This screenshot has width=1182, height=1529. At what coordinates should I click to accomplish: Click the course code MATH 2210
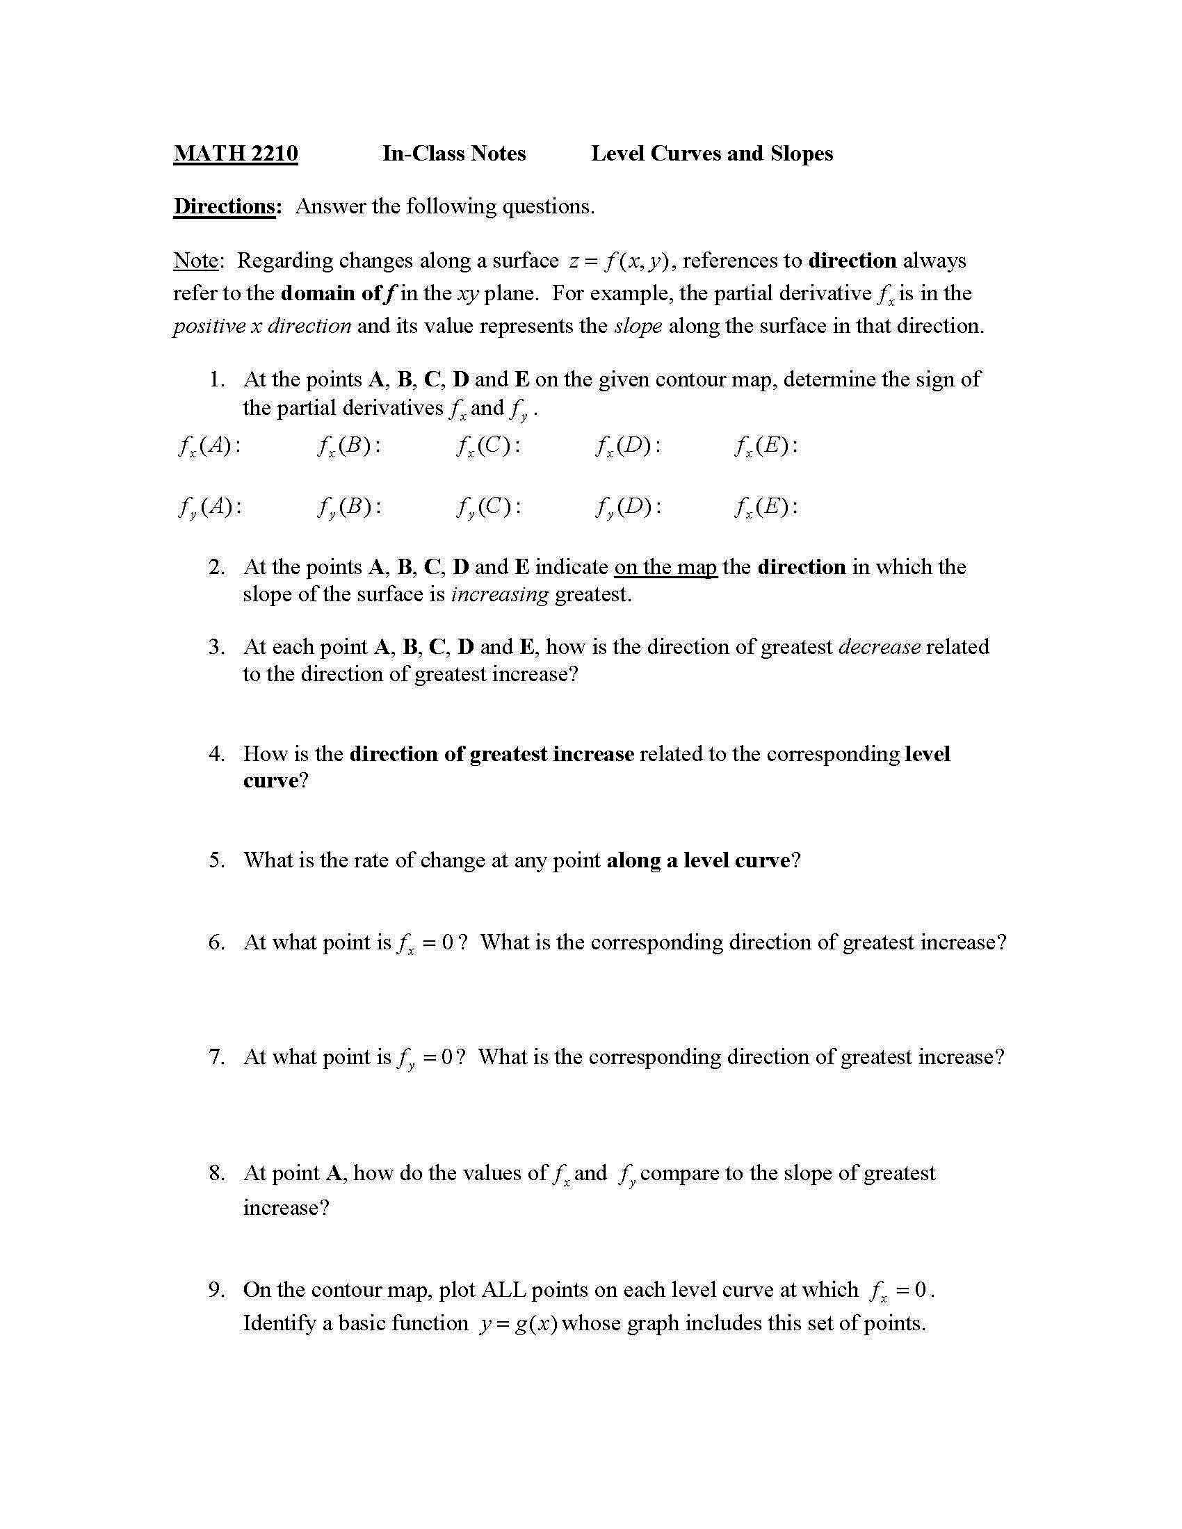pos(235,154)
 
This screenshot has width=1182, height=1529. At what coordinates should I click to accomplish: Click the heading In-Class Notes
pos(454,154)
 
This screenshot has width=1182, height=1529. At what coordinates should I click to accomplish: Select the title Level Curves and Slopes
pos(711,154)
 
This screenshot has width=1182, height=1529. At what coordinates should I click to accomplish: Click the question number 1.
pos(216,379)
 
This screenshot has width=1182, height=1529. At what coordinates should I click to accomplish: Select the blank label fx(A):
pos(209,446)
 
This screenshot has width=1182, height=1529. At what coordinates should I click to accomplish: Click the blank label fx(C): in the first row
pos(488,446)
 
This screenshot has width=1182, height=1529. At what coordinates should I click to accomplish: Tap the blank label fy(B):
pos(349,507)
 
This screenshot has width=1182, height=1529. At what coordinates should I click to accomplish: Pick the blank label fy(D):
pos(628,507)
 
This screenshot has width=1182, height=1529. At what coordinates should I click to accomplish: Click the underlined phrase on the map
pos(665,566)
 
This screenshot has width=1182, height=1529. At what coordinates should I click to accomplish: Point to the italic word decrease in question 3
pos(879,646)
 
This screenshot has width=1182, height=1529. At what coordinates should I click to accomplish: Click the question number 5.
pos(216,860)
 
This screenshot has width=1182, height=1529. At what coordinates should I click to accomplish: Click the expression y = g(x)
pos(518,1324)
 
